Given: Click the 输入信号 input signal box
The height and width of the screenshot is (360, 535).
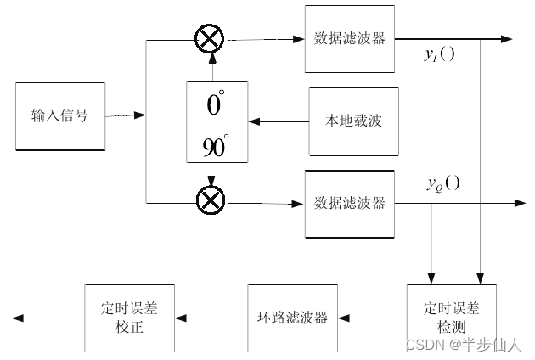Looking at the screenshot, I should [59, 116].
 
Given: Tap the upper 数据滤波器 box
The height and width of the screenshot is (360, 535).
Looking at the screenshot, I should [349, 38].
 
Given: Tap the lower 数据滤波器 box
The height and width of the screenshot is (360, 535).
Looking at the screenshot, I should [349, 203].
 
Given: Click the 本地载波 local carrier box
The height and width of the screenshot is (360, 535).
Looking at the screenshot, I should [353, 121].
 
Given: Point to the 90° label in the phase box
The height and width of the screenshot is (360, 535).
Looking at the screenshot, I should [215, 147].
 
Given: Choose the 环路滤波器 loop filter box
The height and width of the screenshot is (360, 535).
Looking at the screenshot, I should [292, 318].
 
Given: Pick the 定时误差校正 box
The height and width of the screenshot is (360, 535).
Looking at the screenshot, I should [128, 318].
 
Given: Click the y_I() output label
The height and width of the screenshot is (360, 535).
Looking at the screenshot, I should [439, 56].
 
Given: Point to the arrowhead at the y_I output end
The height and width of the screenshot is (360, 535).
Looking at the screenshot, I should [506, 38].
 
